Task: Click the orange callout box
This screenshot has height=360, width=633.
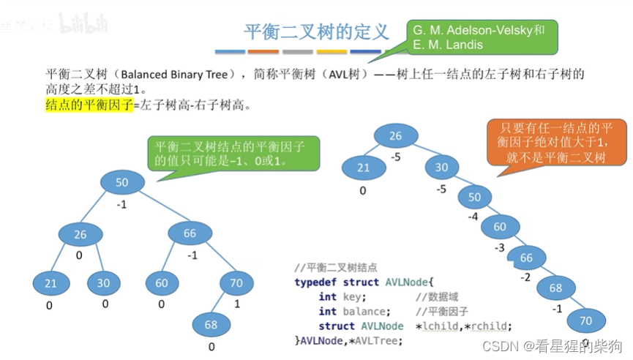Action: (x=558, y=142)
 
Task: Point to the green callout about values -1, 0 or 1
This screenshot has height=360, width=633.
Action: (x=234, y=153)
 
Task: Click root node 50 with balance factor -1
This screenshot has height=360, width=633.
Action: (x=121, y=181)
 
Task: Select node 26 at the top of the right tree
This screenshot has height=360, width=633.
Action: (x=395, y=136)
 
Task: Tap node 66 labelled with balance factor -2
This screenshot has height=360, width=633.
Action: (x=526, y=258)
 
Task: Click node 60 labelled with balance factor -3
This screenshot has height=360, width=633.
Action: (x=500, y=227)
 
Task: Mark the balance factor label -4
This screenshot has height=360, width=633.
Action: (x=474, y=217)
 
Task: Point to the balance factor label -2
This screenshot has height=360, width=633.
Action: (x=525, y=277)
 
